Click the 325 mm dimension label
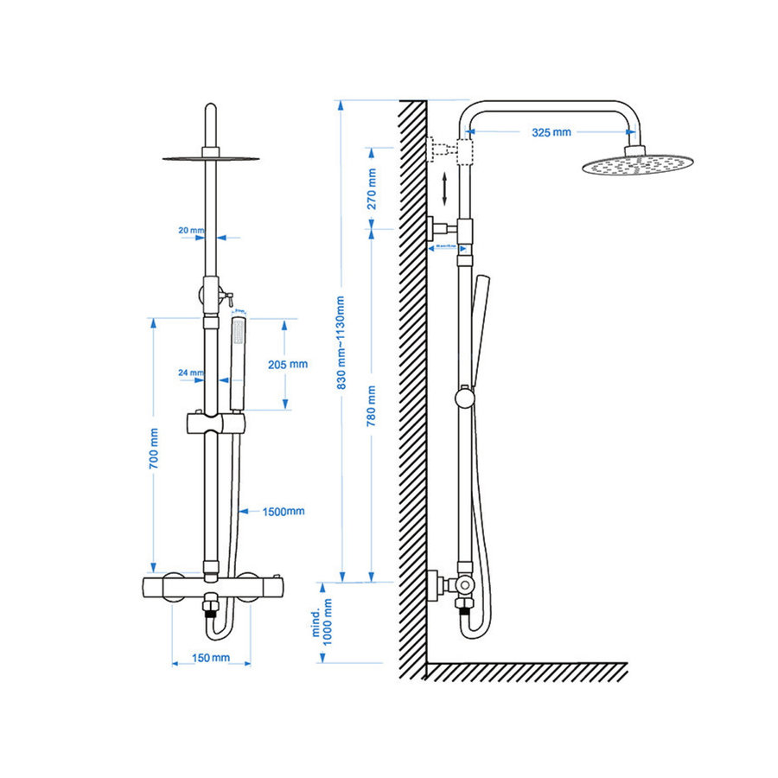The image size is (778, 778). [x=551, y=132]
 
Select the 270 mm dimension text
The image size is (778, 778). [x=373, y=189]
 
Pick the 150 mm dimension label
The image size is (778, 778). [x=212, y=659]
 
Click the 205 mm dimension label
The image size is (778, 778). [x=288, y=364]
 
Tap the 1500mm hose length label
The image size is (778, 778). [x=284, y=511]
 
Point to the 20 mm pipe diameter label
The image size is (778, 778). [x=190, y=231]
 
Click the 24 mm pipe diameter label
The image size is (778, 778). [x=190, y=373]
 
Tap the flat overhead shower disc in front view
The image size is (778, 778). [x=210, y=157]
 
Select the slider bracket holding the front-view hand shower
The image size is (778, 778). [x=216, y=424]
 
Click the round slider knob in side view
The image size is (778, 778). [x=465, y=398]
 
